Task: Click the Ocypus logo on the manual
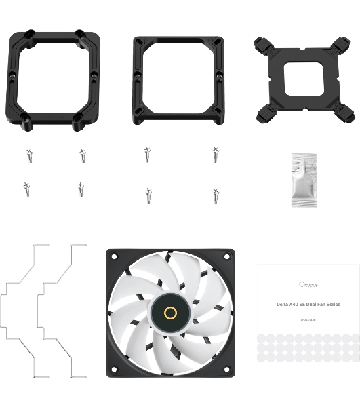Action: [x=309, y=284]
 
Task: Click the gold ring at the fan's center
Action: [x=170, y=313]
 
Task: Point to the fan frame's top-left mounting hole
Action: [x=114, y=257]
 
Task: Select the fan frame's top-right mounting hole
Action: [x=226, y=257]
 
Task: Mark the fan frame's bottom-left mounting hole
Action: [x=114, y=369]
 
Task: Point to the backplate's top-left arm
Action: [x=264, y=46]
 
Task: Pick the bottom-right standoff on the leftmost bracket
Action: [x=81, y=125]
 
